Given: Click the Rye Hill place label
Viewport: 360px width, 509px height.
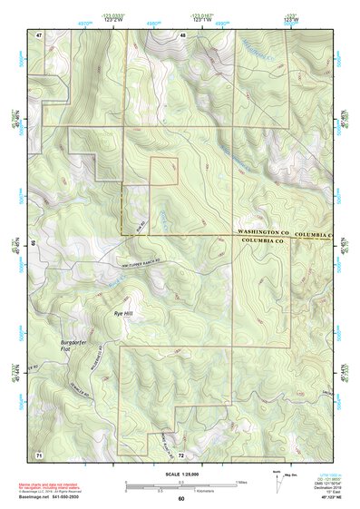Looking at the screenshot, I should click(122, 313).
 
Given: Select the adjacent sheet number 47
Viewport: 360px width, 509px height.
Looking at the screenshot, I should click(39, 34).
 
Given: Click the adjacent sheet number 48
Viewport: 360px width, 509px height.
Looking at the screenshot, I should click(182, 34).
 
